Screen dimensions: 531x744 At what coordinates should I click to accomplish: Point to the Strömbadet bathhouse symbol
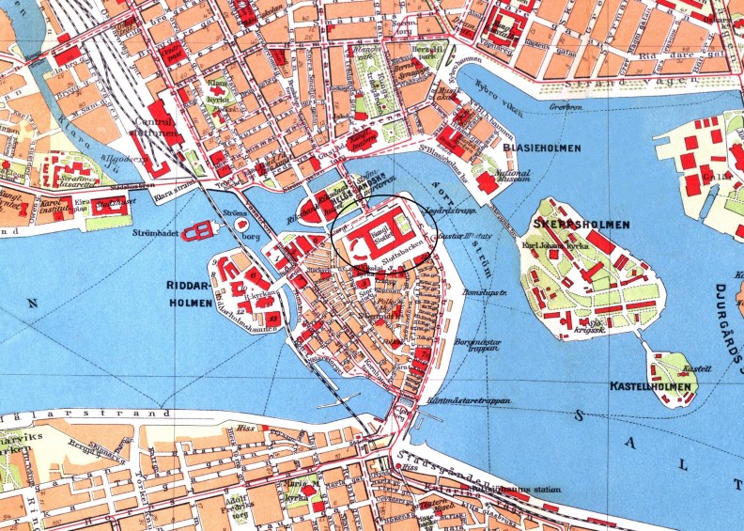199,231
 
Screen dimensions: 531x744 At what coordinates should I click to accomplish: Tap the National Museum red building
488,182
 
